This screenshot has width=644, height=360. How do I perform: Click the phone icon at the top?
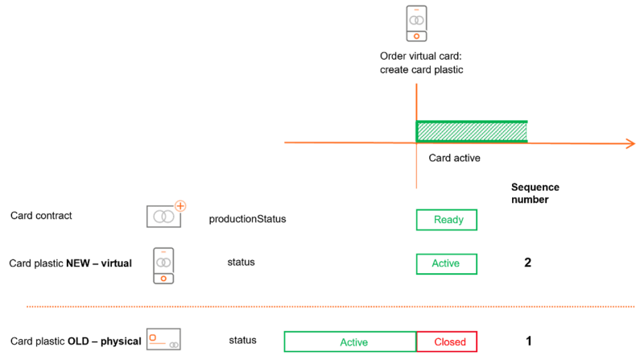tap(416, 23)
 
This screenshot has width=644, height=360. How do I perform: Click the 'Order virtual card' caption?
tap(422, 63)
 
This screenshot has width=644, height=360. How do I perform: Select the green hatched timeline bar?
tap(471, 130)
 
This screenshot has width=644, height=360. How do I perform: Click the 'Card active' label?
tap(454, 158)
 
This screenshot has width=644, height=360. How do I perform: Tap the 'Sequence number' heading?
tap(535, 193)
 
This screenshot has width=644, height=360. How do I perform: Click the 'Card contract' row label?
tap(41, 215)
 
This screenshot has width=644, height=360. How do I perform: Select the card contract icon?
tap(165, 215)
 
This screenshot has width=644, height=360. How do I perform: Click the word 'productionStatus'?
tap(247, 219)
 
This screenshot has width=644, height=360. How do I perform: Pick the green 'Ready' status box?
tap(446, 220)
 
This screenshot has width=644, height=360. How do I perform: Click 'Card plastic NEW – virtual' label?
tap(70, 263)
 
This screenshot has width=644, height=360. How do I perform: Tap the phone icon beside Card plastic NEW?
tap(163, 265)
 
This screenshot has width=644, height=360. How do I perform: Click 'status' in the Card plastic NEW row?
tap(242, 263)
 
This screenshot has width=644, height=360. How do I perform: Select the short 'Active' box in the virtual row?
tap(446, 264)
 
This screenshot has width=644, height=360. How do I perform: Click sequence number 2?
tap(528, 263)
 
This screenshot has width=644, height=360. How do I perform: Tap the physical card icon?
tap(163, 340)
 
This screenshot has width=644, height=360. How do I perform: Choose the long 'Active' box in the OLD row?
tap(349, 341)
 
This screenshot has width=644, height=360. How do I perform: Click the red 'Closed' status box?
tap(448, 341)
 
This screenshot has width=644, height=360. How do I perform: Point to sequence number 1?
tap(529, 341)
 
